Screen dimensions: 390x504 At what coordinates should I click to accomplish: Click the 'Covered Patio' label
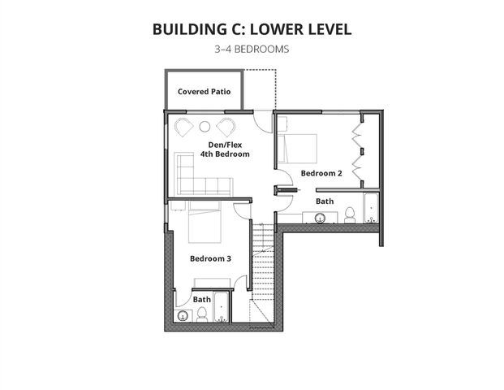point(204,92)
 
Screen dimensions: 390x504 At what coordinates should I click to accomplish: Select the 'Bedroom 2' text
point(321,173)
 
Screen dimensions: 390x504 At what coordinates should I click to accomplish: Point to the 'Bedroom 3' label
point(210,258)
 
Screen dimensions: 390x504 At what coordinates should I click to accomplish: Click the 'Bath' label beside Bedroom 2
point(324,201)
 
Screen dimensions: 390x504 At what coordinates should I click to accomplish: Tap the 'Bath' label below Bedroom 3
point(201,299)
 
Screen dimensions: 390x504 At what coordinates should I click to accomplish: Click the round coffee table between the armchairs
point(205,126)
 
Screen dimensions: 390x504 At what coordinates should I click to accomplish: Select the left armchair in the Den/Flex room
point(183,127)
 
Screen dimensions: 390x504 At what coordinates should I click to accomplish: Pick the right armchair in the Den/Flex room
point(226,127)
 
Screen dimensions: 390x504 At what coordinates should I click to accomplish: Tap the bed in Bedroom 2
point(295,148)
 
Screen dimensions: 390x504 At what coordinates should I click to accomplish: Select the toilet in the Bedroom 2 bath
point(350,215)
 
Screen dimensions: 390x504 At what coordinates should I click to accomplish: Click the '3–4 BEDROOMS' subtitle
point(252,50)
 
